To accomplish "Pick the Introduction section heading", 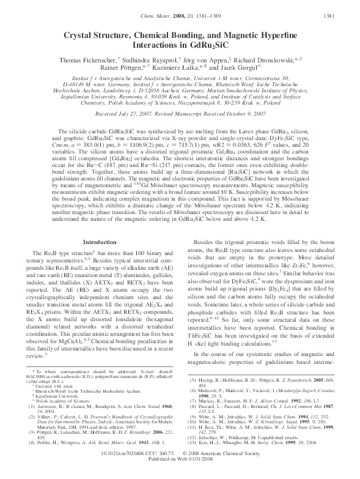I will [x=99, y=243].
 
